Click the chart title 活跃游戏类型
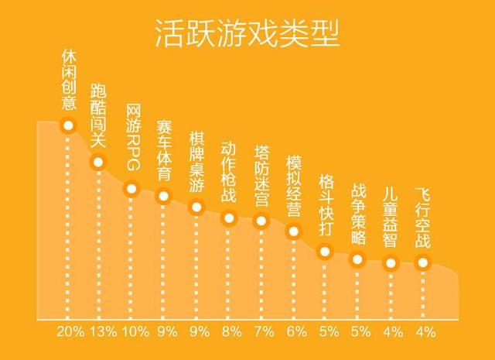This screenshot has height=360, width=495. [x=247, y=33]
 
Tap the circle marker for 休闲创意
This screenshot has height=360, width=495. [x=68, y=125]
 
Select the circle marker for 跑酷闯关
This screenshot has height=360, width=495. [x=97, y=162]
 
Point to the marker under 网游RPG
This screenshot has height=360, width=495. [x=131, y=188]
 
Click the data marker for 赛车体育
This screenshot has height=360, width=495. [x=164, y=196]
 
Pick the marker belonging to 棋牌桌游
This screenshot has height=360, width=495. [x=196, y=207]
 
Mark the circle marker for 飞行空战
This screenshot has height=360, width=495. [x=422, y=262]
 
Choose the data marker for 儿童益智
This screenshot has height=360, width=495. [x=391, y=262]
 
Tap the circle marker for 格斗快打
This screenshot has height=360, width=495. [x=326, y=250]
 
